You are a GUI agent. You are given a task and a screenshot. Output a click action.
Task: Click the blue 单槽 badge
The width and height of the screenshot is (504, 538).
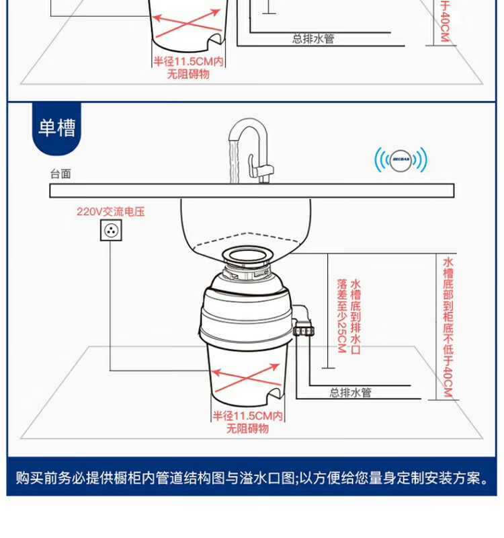[56, 128]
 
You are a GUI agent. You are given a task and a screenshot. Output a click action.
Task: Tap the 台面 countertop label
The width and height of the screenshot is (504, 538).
[60, 174]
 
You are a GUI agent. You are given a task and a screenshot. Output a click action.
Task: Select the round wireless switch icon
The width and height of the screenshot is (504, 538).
[401, 161]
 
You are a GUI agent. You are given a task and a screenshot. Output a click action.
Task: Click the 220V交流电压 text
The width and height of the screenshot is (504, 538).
[110, 212]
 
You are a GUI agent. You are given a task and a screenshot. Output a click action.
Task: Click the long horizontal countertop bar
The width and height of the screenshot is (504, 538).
[251, 190]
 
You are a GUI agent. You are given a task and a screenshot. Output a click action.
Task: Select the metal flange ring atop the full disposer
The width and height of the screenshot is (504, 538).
[247, 255]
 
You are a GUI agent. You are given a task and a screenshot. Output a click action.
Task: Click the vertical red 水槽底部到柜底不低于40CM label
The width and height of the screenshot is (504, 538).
[448, 326]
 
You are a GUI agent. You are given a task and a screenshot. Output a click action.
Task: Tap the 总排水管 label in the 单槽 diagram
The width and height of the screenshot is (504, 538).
[350, 393]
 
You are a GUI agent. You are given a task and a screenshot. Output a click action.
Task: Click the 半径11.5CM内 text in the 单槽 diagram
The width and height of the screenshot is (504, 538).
[247, 416]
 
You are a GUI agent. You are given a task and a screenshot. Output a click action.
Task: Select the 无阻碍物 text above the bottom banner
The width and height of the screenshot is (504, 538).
[247, 428]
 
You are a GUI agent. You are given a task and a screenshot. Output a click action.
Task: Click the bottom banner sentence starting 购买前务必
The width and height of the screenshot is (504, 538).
[251, 478]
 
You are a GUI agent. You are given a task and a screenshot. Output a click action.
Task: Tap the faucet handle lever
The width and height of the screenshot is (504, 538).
[255, 165]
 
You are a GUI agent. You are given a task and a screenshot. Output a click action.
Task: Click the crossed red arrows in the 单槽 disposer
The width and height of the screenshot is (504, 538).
[247, 377]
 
